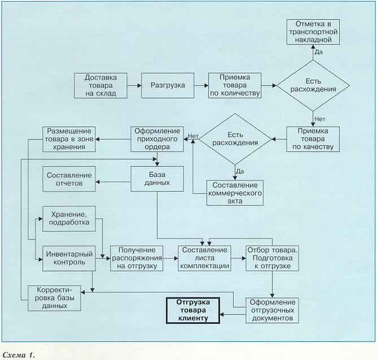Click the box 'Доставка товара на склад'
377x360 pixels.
[x=100, y=85]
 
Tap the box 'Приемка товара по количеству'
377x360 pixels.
[x=235, y=85]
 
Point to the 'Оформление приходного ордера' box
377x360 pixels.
[x=157, y=138]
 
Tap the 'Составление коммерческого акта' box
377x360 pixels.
[x=235, y=193]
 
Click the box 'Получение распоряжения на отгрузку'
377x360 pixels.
[x=138, y=258]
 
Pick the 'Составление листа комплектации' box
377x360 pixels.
[x=205, y=258]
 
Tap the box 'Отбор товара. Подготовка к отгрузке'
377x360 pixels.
[x=273, y=258]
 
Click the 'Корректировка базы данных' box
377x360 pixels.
[x=55, y=298]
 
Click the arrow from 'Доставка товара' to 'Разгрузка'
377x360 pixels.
[x=135, y=85]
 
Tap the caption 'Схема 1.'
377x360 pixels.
[x=19, y=354]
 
